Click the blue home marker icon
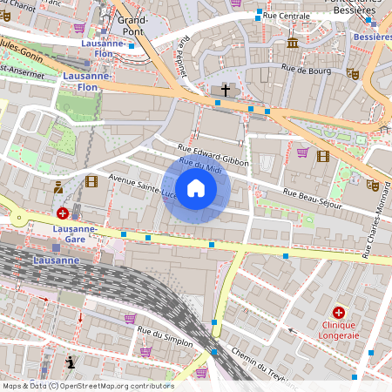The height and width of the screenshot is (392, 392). coord(196,187)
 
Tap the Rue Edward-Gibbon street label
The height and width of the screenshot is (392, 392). coord(213,156)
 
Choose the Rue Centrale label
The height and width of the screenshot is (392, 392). coord(288,16)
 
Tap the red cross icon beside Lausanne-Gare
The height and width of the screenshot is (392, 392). coord(63,213)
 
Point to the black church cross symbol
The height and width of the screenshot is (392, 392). coord(225,90)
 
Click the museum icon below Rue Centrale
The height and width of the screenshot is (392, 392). coord(293,42)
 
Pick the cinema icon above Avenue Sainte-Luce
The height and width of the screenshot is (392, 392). coord(91,181)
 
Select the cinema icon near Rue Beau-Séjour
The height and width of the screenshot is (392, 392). coord(323,155)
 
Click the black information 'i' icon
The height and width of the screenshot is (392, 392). coord(70,362)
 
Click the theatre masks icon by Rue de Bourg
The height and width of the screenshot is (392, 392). coord(352,74)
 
